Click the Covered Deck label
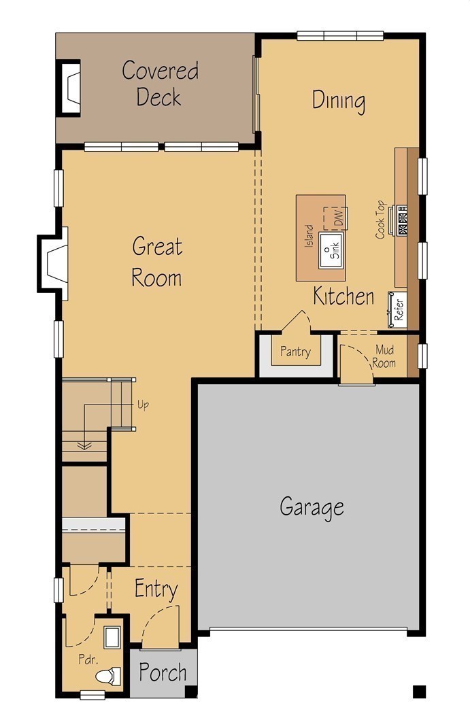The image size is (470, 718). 160,84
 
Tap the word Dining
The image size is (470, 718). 339,101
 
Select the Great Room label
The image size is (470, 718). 156,262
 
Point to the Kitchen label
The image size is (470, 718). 343,296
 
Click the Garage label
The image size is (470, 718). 312,507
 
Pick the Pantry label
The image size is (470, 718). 295,352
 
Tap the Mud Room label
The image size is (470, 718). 384,356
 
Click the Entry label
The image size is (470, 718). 156,589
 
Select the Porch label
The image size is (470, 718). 163,672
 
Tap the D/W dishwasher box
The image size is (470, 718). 335,218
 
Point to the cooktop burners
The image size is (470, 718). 402,220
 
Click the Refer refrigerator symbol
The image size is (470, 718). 398,310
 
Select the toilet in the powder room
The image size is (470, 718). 108,677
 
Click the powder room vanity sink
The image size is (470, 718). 112,637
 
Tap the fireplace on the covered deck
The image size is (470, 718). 69,88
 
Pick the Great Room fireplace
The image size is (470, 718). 52,263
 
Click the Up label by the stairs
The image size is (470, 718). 143,405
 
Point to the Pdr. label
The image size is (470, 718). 88,660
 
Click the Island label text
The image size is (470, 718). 310,236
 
